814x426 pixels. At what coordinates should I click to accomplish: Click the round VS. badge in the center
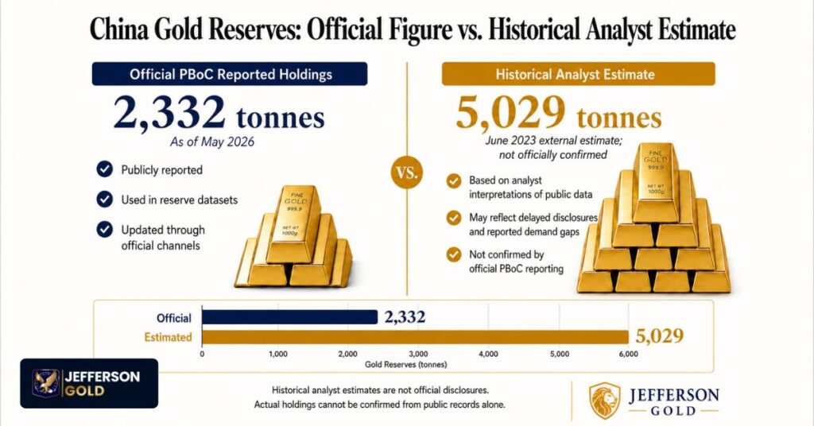[407, 172]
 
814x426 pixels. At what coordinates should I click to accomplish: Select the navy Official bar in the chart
[289, 317]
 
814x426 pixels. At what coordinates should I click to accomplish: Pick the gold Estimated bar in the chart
[415, 337]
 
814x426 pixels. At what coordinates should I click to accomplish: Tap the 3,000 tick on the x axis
[418, 354]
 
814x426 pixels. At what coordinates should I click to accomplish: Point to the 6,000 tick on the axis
[628, 354]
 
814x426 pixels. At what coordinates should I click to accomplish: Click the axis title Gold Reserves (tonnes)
[405, 364]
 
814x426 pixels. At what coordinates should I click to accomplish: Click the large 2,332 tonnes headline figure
[219, 113]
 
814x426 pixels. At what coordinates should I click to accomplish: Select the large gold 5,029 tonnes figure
[559, 113]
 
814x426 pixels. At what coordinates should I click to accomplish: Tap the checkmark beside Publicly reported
[104, 169]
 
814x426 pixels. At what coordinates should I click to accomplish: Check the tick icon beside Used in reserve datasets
[104, 199]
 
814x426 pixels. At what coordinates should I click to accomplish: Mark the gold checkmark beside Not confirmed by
[454, 254]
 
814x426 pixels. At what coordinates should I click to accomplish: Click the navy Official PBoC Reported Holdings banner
[230, 74]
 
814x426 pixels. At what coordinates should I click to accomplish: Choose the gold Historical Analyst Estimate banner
[579, 74]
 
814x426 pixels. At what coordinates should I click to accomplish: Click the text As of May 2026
[211, 141]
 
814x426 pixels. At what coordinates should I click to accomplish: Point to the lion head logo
[605, 400]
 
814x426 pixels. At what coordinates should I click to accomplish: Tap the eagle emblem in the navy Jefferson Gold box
[45, 383]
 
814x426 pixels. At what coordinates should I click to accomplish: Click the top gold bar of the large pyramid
[655, 183]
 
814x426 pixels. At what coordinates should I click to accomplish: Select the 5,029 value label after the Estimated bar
[659, 336]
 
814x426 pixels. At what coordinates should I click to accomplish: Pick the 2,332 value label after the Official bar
[405, 317]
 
